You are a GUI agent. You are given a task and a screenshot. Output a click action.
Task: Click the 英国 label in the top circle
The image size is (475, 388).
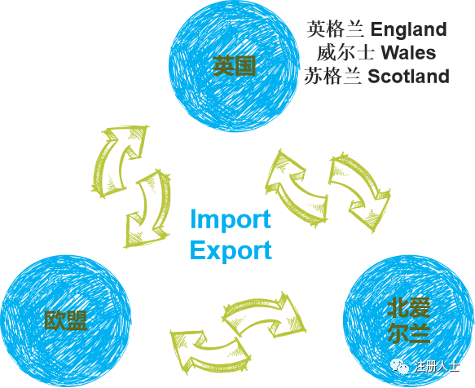[x=234, y=66]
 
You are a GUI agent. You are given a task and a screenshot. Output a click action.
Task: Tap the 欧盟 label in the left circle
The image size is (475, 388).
[x=66, y=320]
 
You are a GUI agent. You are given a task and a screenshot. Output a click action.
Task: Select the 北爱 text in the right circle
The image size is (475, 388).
[x=409, y=307]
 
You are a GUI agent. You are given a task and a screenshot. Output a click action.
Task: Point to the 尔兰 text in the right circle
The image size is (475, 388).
[x=409, y=333]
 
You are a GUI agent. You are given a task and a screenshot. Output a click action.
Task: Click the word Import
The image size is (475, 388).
[x=231, y=219]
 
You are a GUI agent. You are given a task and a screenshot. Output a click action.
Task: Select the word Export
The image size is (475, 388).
[x=231, y=250]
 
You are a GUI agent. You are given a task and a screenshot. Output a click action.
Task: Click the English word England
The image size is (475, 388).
[x=409, y=29]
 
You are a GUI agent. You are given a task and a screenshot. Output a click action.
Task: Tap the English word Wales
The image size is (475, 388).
[x=408, y=53]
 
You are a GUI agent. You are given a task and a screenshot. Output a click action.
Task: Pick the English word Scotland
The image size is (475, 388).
[x=408, y=76]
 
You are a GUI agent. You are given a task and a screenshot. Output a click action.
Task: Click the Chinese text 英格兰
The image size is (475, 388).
[x=336, y=29]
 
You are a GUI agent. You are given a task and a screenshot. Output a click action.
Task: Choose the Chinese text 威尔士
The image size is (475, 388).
[x=345, y=53]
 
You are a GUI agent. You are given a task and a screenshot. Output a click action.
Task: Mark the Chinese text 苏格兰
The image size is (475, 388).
[x=333, y=76]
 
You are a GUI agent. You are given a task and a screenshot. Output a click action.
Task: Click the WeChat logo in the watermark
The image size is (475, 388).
[x=399, y=366]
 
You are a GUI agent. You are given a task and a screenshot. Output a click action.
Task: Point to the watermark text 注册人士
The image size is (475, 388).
[x=438, y=367]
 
